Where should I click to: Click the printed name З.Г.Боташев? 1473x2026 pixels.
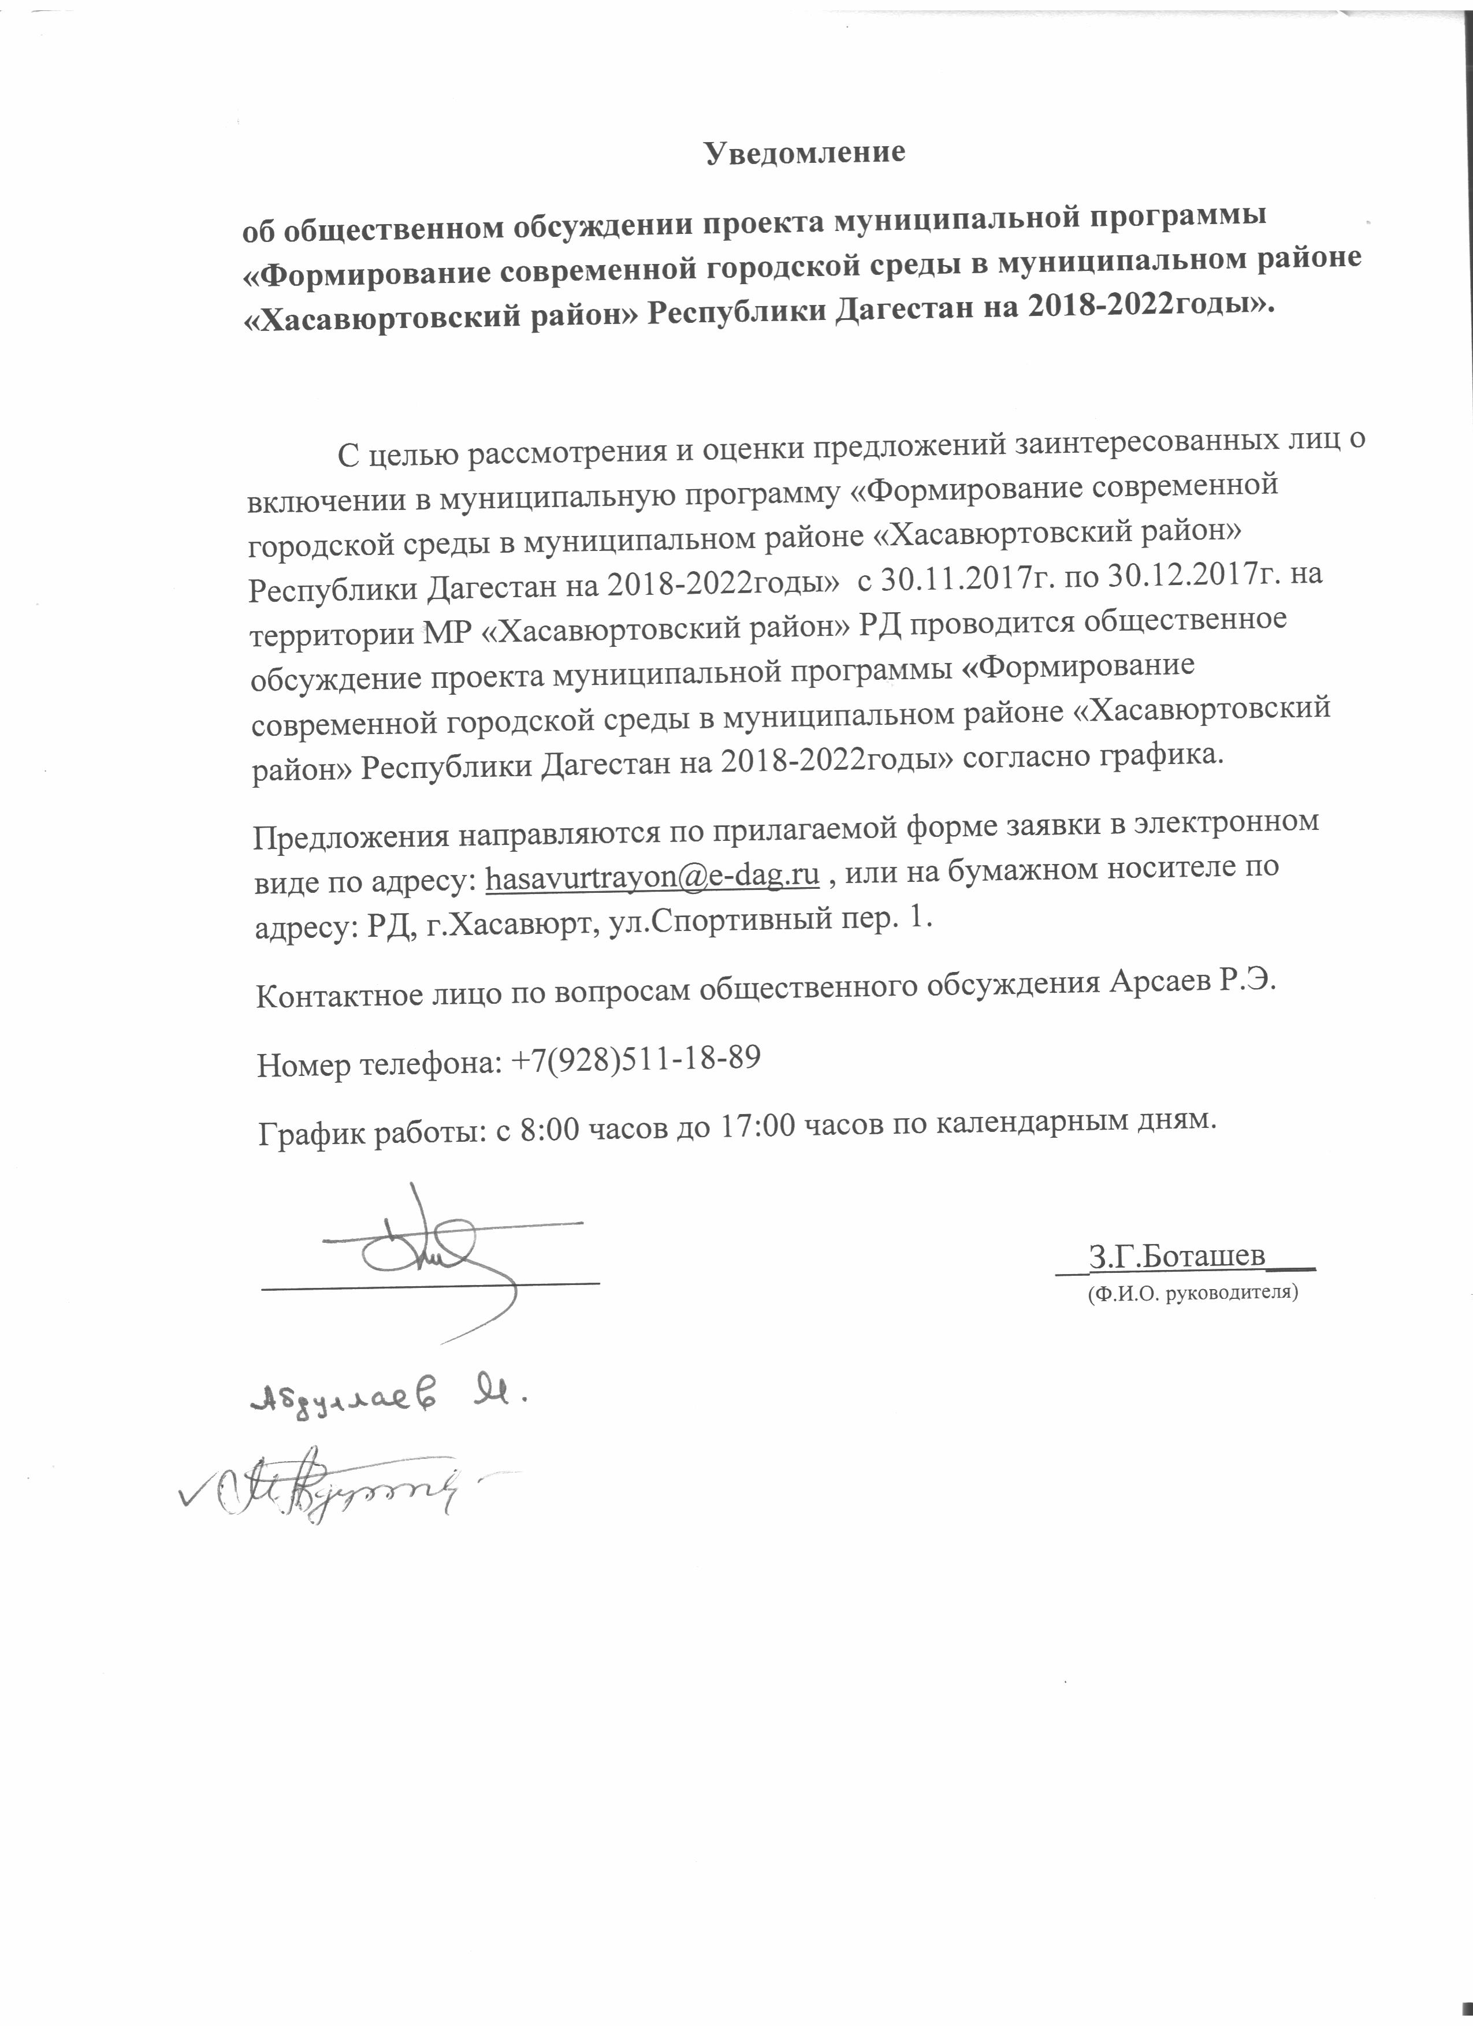coord(1177,1255)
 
